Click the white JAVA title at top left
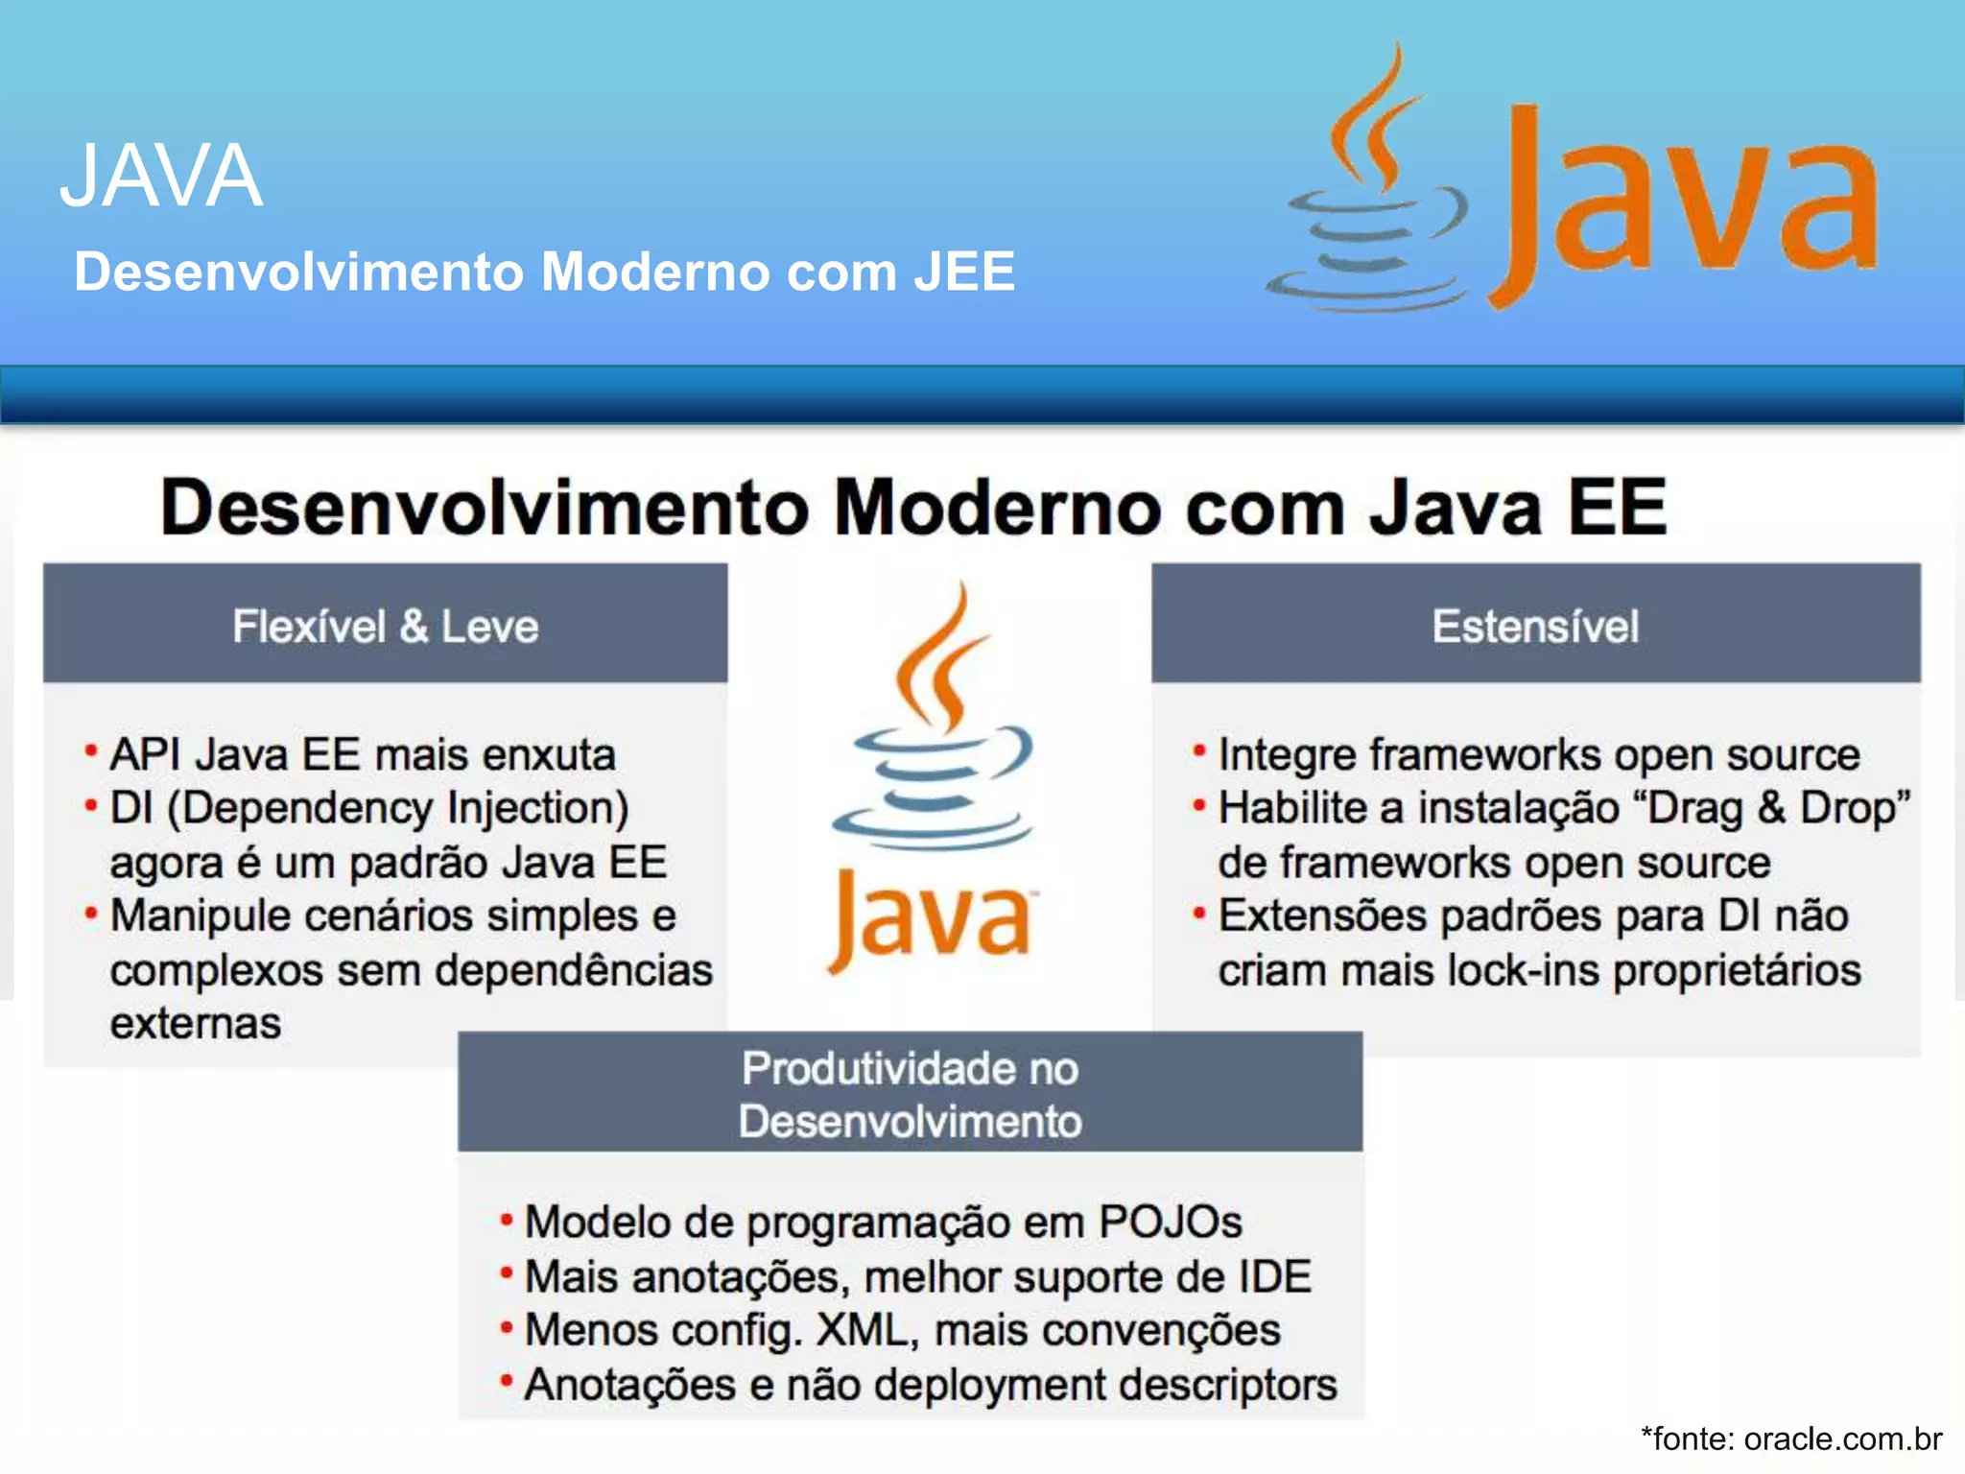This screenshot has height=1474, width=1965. (161, 176)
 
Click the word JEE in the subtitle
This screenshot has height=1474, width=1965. (963, 272)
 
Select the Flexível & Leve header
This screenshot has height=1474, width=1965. (385, 626)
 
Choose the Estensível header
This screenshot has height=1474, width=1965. (1535, 626)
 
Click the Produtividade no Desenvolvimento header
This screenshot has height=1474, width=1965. (910, 1094)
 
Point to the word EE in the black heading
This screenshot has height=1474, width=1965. (1618, 508)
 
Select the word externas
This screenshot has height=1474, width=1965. (196, 1024)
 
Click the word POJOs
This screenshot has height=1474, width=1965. (1170, 1223)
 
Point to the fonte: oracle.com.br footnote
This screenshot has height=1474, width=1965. (1791, 1438)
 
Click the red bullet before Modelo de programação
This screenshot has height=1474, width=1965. (507, 1220)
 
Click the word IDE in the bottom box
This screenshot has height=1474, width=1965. (1274, 1277)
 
